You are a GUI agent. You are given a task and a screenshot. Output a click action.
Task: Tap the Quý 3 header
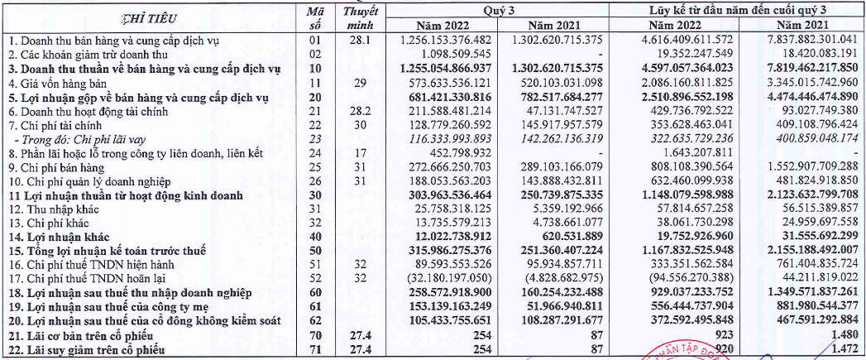point(501,11)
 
